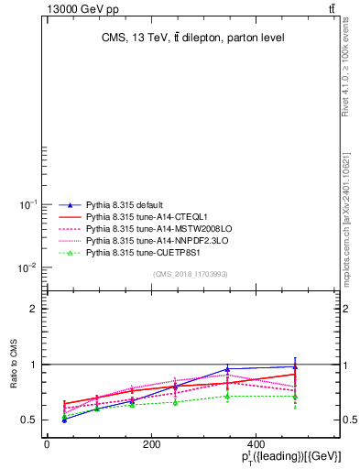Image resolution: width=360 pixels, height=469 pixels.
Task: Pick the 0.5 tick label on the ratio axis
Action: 29,420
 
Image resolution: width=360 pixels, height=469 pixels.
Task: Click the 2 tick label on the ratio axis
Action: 32,309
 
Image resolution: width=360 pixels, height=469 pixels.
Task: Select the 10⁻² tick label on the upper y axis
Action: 27,267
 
